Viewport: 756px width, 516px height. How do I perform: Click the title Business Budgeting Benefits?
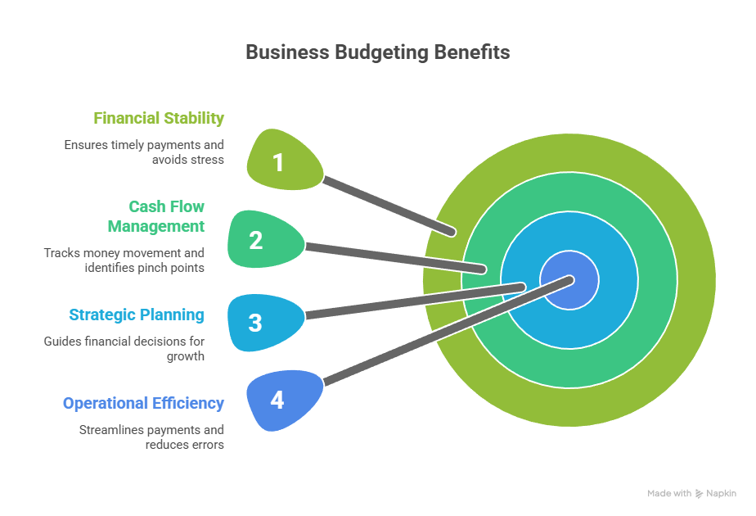click(377, 52)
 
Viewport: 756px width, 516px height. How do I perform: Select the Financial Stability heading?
click(159, 118)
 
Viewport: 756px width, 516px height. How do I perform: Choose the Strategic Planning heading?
click(137, 315)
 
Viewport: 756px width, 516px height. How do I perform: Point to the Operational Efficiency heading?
click(143, 403)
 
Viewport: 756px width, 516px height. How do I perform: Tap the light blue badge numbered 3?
click(256, 323)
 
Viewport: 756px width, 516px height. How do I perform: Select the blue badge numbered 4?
click(278, 401)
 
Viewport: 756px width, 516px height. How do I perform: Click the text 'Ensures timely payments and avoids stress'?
click(144, 152)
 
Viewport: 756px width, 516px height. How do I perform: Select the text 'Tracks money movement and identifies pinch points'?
click(124, 260)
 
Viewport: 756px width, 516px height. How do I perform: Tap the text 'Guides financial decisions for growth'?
click(124, 348)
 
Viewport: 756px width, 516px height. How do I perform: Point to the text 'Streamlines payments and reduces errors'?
click(151, 437)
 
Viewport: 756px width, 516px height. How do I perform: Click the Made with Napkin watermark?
click(691, 493)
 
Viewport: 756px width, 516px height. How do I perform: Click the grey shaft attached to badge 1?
click(389, 205)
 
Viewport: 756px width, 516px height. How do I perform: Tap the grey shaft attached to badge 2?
click(393, 256)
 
